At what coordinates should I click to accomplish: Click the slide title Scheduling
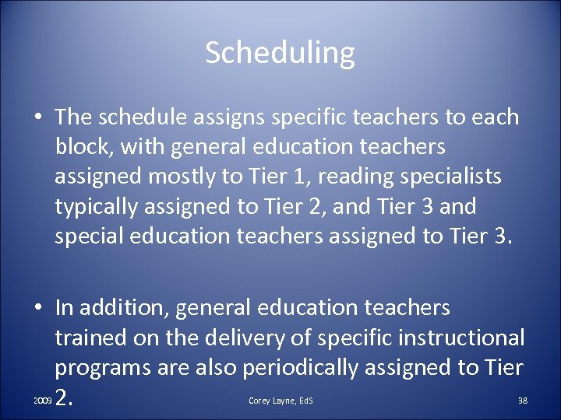click(280, 53)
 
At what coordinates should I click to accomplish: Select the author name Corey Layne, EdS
click(280, 401)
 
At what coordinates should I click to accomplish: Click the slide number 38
click(523, 401)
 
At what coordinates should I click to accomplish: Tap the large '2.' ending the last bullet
click(65, 398)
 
